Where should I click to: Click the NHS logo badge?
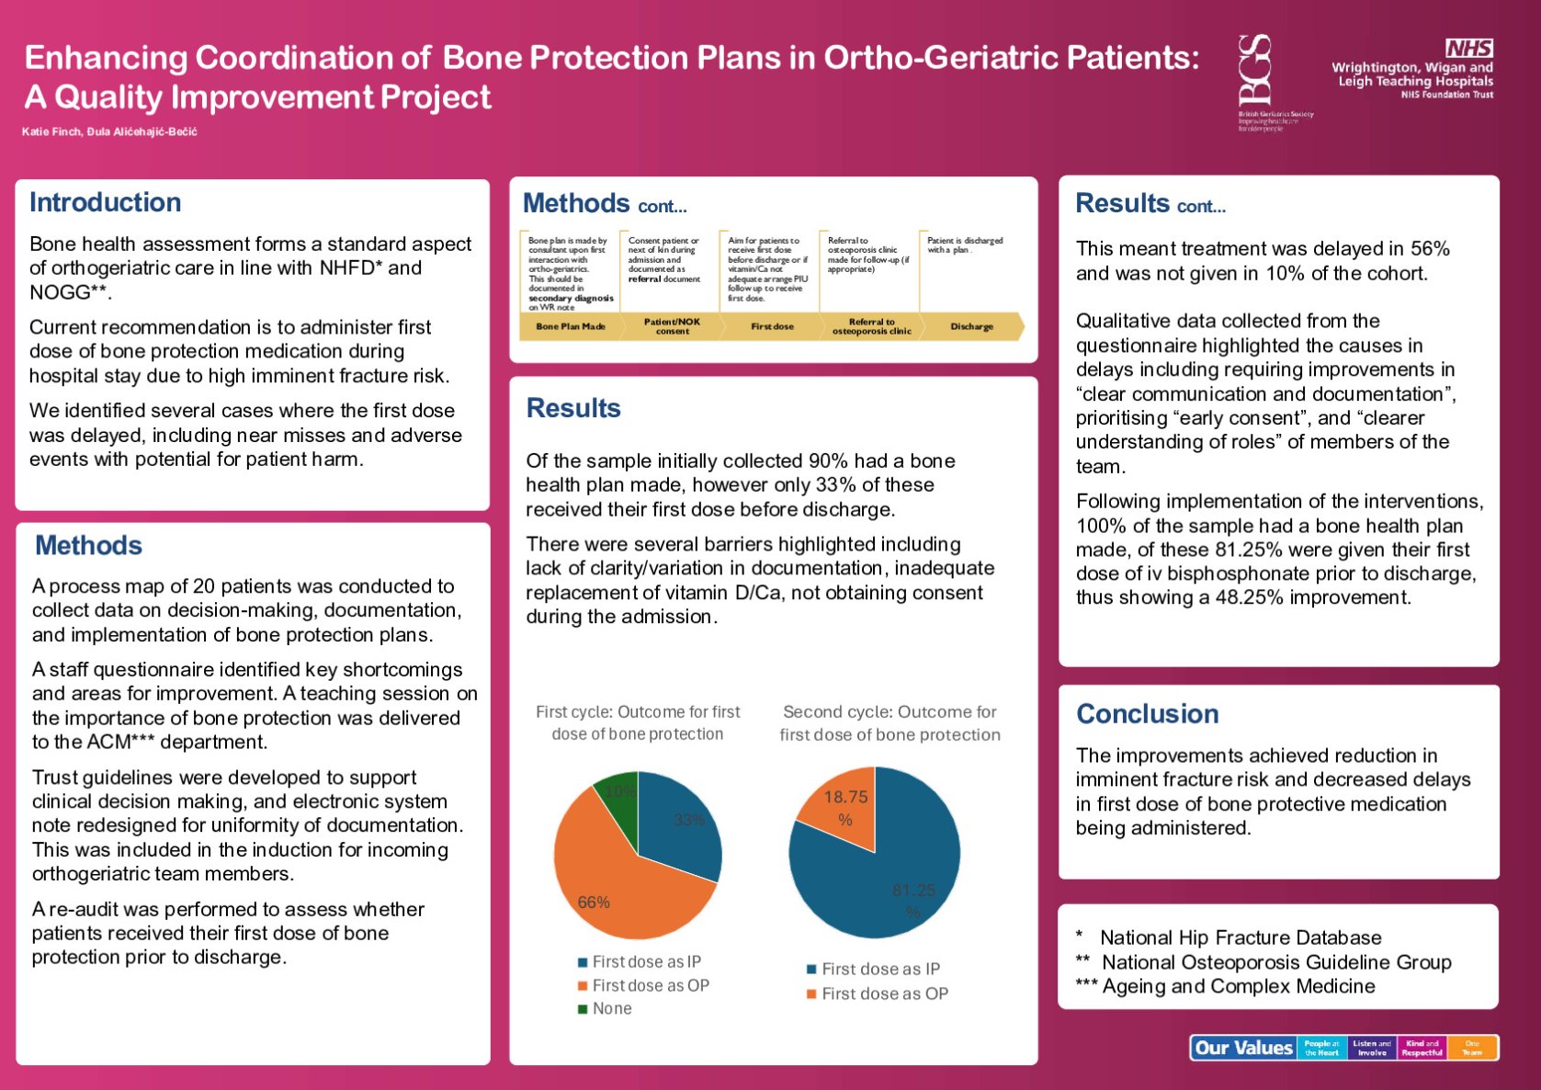point(1468,48)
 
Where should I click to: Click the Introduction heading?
point(105,202)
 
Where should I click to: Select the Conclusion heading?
point(1147,714)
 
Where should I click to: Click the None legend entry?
point(611,1009)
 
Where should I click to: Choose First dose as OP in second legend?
point(884,993)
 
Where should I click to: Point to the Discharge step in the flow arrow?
point(971,326)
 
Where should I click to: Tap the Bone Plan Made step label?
point(570,326)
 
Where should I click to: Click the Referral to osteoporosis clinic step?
point(871,326)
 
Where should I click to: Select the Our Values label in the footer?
point(1243,1048)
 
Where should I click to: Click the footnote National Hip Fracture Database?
point(1240,937)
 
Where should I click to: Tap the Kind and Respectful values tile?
point(1422,1048)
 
